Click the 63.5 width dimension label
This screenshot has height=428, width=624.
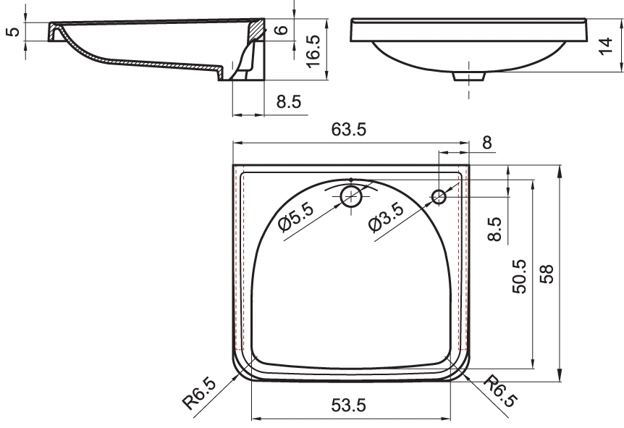[349, 130]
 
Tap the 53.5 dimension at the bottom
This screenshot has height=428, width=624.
[348, 406]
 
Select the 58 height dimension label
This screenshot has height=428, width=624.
[547, 274]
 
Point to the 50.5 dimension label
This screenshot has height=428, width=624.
[519, 277]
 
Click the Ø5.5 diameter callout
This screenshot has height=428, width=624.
[296, 217]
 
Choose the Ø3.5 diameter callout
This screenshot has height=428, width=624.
[386, 217]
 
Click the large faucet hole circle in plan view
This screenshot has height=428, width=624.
[351, 196]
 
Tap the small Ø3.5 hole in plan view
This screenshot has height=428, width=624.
[439, 196]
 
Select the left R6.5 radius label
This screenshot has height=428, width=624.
[199, 394]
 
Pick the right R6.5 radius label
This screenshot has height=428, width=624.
[501, 391]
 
